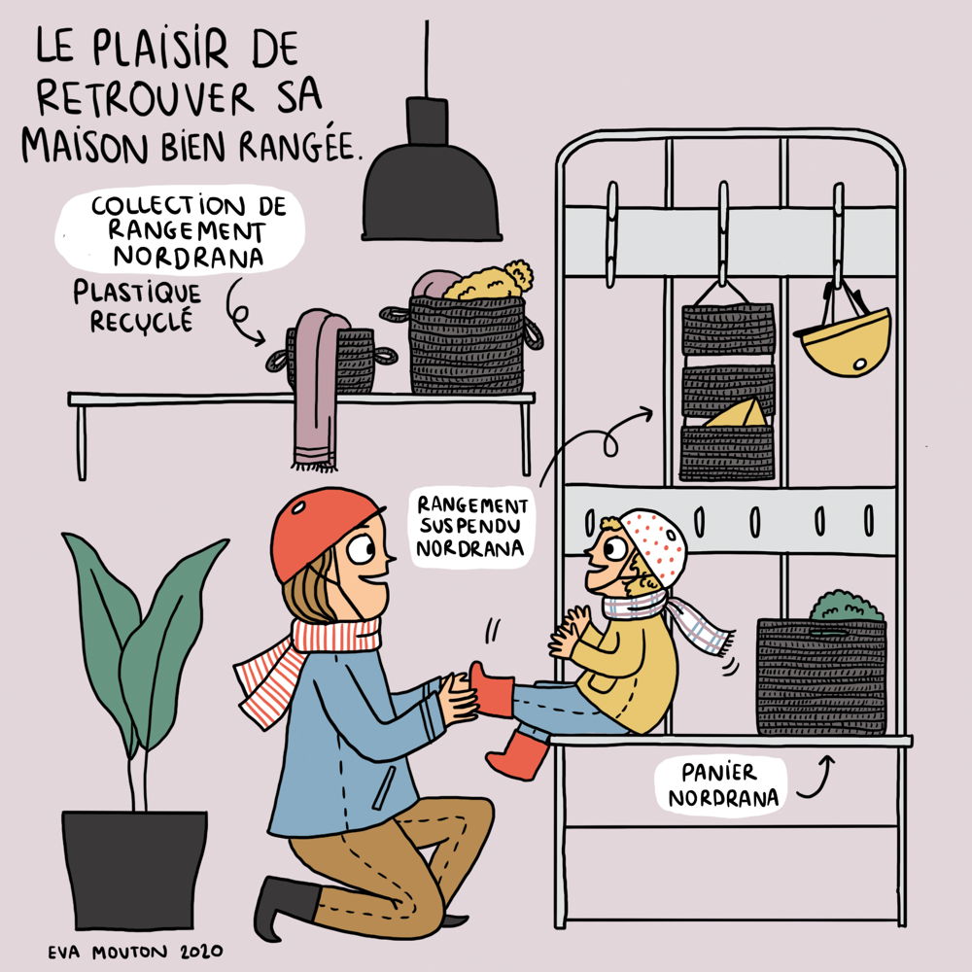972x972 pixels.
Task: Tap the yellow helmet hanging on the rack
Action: (845, 341)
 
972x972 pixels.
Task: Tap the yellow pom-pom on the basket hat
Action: (519, 275)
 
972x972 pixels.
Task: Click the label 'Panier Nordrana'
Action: (722, 785)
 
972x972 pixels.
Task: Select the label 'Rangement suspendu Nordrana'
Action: (471, 526)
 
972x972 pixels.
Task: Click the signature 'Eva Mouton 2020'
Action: (136, 952)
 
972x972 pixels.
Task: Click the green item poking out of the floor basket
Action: (847, 606)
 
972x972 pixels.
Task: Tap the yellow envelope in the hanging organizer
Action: (738, 413)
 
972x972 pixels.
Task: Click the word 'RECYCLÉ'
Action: (141, 322)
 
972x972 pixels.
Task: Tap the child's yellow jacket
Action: (626, 670)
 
